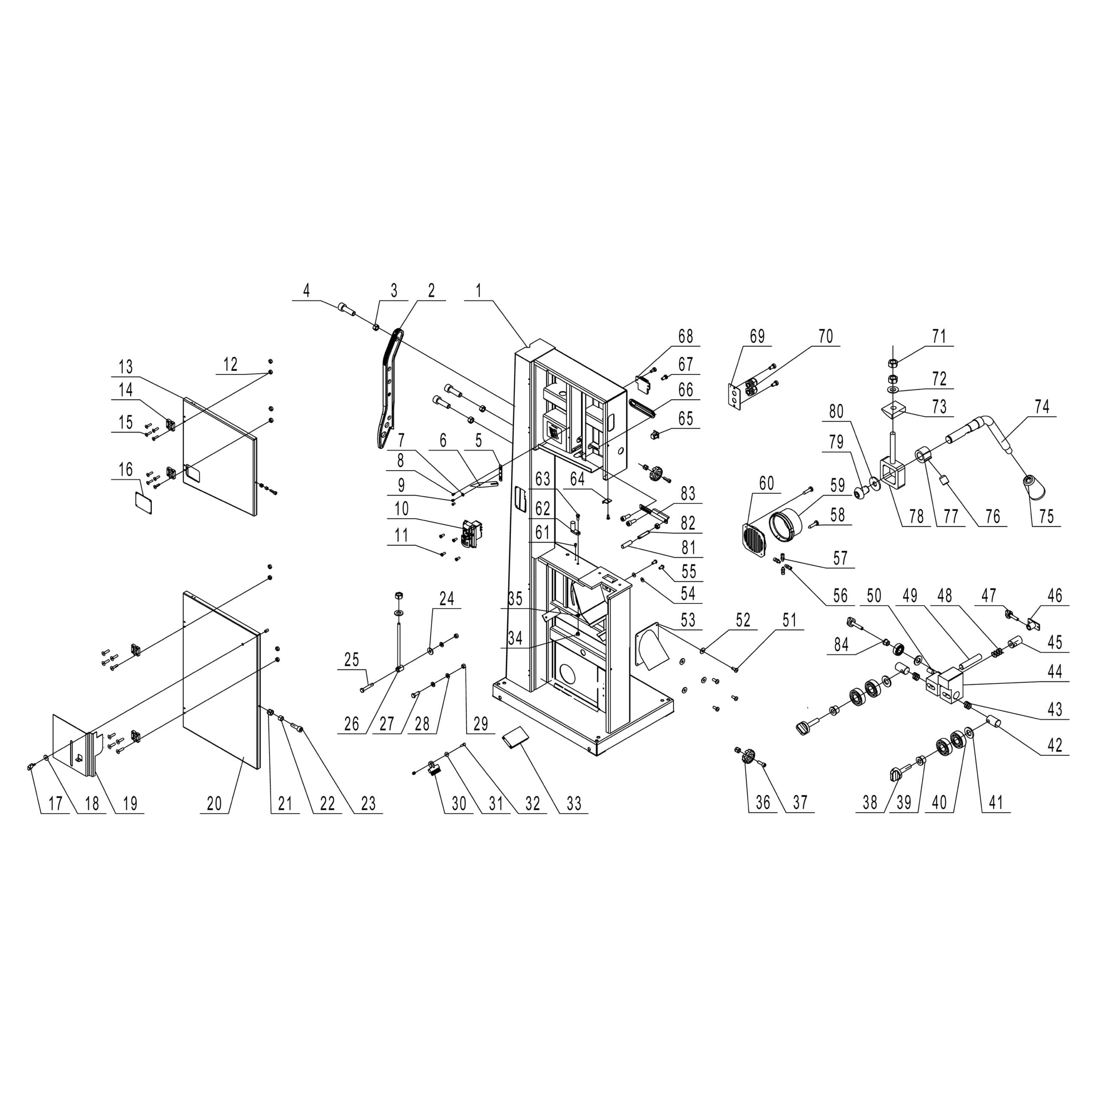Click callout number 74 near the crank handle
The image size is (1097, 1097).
(x=1041, y=408)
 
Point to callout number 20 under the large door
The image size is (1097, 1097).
(x=214, y=804)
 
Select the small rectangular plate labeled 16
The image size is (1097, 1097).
(x=143, y=503)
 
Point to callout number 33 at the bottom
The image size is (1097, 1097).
(x=573, y=804)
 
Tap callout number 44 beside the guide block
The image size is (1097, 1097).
(x=1055, y=672)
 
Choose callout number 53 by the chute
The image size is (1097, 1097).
(x=688, y=620)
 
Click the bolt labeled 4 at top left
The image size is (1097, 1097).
(x=346, y=309)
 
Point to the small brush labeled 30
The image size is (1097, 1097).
(x=435, y=769)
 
